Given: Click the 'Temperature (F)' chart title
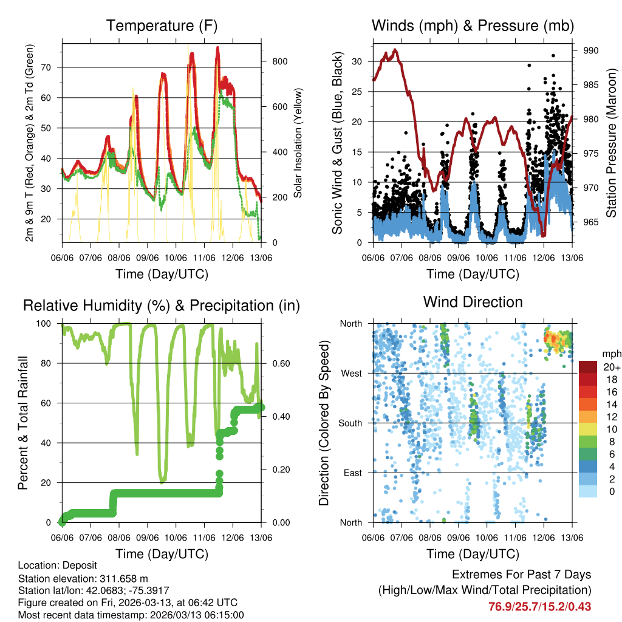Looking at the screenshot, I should point(162,26).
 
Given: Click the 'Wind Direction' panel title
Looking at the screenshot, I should point(473,301).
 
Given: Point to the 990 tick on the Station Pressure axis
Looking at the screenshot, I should point(590,50).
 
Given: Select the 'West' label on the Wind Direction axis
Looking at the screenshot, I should point(352,373).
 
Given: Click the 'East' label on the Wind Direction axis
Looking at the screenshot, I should point(354,473).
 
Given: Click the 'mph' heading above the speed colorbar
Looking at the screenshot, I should point(610,354).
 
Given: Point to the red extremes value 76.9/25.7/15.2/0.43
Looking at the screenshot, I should point(539,606).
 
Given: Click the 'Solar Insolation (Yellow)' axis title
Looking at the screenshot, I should point(298,143).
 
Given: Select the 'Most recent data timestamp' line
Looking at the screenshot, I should point(131,615).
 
